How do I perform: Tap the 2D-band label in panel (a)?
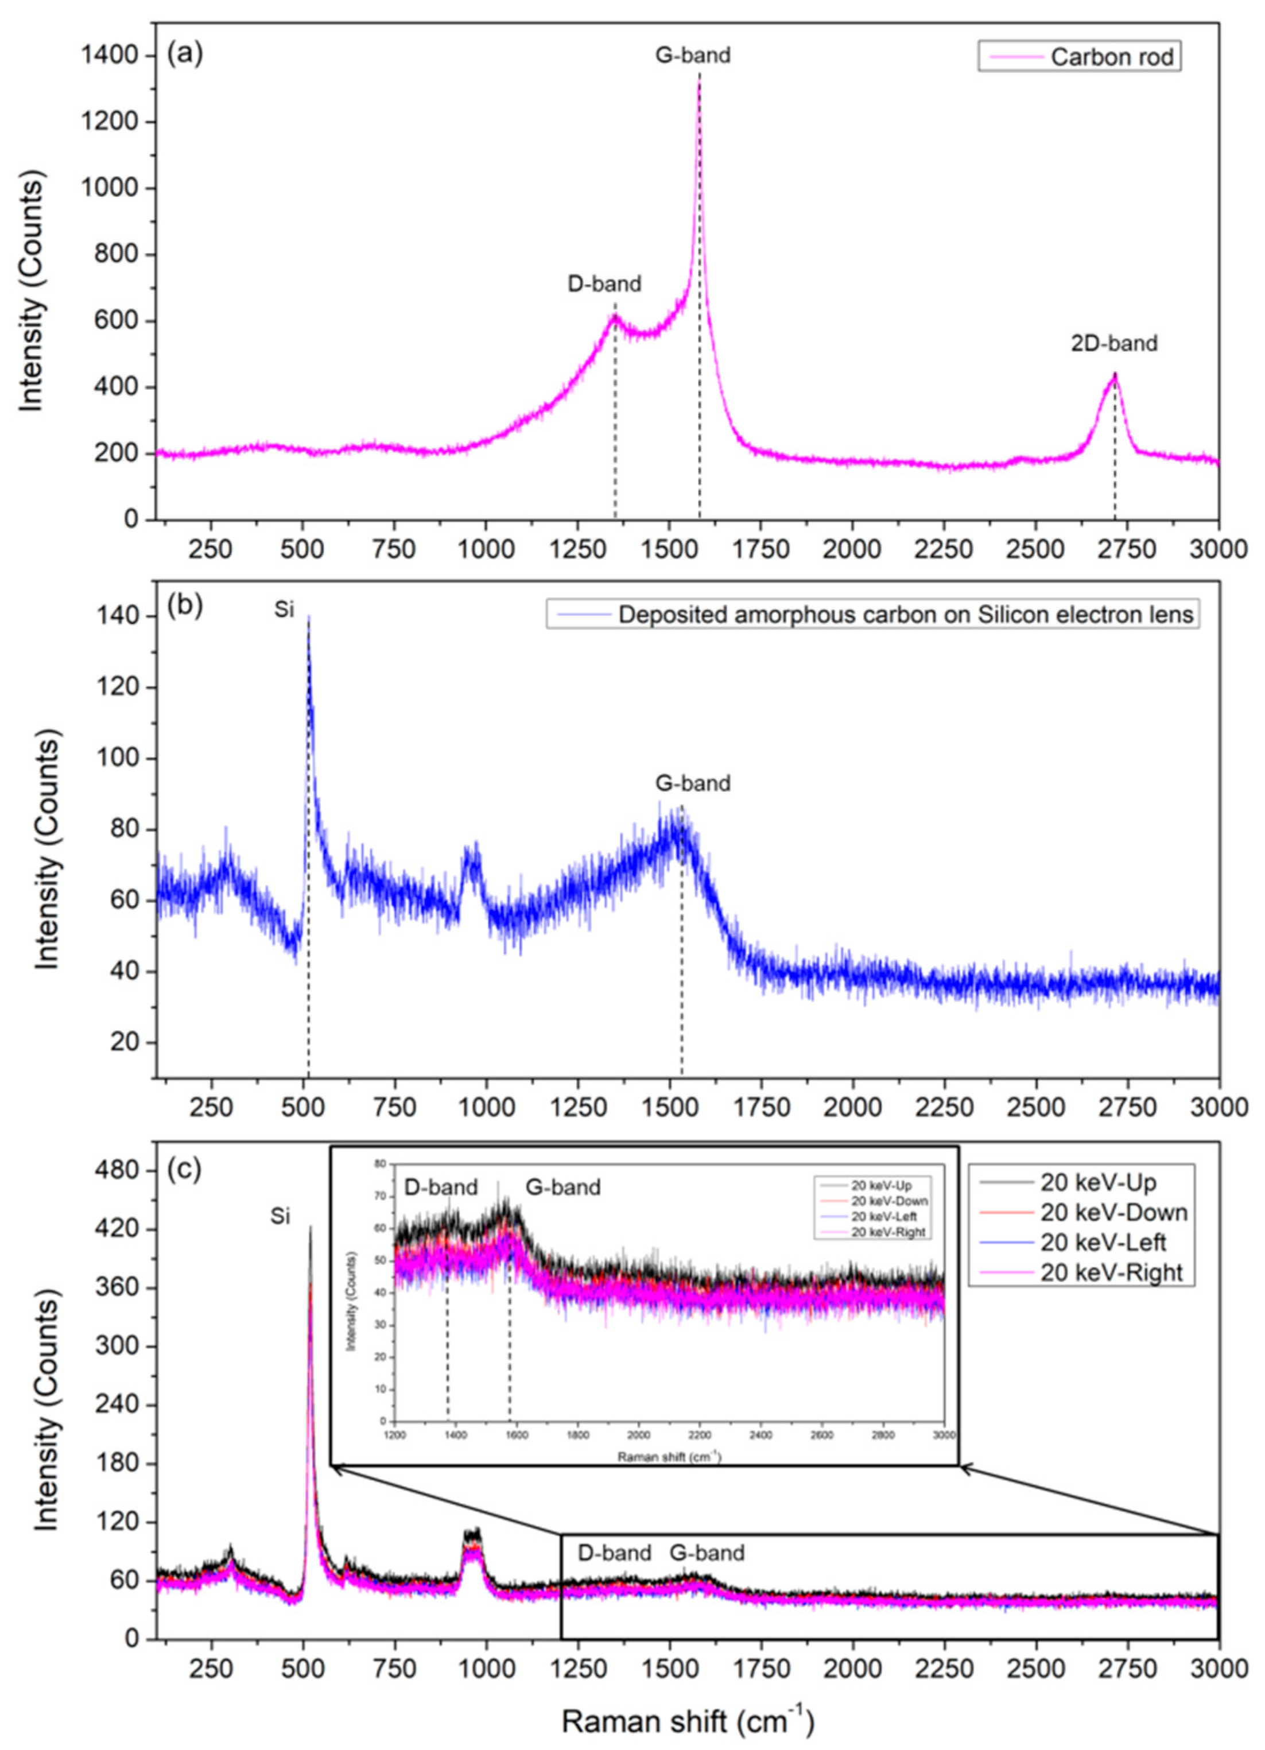[1113, 343]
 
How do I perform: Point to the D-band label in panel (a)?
[604, 284]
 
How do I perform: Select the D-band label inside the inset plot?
[441, 1187]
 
